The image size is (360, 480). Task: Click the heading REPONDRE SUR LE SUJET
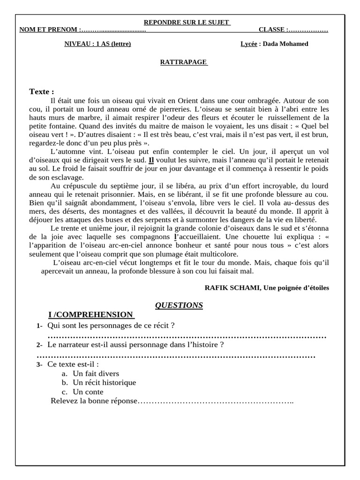(186, 22)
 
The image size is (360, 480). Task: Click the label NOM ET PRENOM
(49, 30)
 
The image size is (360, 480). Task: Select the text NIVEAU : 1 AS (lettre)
(97, 44)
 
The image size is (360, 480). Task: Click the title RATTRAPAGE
(183, 62)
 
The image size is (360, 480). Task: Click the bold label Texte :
(42, 91)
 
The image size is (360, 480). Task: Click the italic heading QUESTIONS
(179, 305)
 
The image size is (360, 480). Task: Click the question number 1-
(39, 326)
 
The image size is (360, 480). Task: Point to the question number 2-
(39, 345)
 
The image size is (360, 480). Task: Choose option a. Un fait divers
(90, 374)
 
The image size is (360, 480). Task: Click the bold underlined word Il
(151, 160)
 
